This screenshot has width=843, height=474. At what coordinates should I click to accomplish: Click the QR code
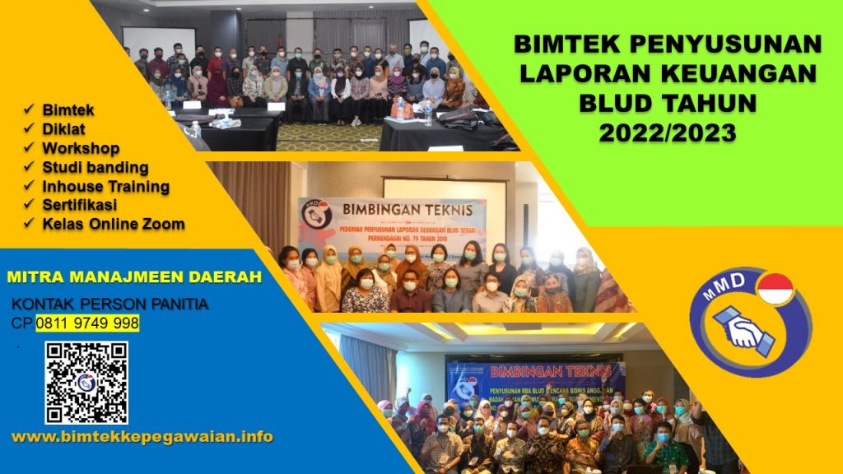pyautogui.click(x=86, y=382)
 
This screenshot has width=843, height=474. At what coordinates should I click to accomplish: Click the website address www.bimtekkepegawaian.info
pyautogui.click(x=142, y=436)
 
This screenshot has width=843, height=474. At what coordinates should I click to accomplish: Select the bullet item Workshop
pyautogui.click(x=81, y=149)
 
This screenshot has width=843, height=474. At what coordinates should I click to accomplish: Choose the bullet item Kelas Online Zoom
pyautogui.click(x=113, y=223)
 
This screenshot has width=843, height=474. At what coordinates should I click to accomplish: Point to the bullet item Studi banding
pyautogui.click(x=95, y=168)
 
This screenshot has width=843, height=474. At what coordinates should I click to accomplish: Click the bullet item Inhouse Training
pyautogui.click(x=105, y=186)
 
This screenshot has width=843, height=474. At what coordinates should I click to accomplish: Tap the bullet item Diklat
pyautogui.click(x=64, y=128)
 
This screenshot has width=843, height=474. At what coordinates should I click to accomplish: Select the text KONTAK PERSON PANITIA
pyautogui.click(x=110, y=304)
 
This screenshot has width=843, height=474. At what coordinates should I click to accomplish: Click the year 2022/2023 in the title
pyautogui.click(x=665, y=131)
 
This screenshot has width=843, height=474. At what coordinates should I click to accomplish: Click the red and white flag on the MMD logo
pyautogui.click(x=773, y=290)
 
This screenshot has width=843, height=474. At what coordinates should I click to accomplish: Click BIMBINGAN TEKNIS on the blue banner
pyautogui.click(x=535, y=367)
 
